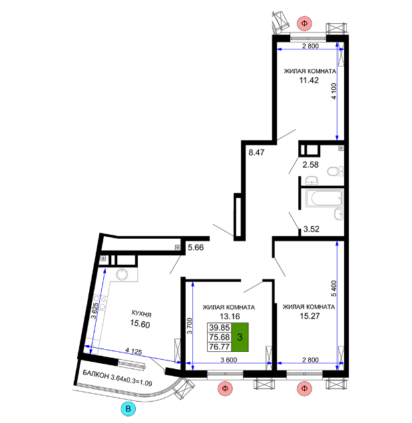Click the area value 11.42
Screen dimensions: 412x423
[x=309, y=80]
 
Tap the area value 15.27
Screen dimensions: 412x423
[x=309, y=316]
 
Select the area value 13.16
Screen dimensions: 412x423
[x=230, y=316]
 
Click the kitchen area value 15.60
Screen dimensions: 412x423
[x=140, y=323]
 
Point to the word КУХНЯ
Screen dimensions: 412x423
[x=142, y=314]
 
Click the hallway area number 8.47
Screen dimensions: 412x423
[x=256, y=152]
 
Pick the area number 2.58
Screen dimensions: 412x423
[x=310, y=164]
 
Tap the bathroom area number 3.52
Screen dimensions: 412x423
[x=311, y=229]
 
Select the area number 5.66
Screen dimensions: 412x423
[x=196, y=247]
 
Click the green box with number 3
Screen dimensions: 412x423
[x=240, y=337]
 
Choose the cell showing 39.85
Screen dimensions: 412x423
[x=219, y=327]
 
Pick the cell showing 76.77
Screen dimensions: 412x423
[x=219, y=347]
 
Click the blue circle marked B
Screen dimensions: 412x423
[x=128, y=409]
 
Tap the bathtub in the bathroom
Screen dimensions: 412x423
[x=324, y=198]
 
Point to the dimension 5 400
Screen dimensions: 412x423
[x=334, y=289]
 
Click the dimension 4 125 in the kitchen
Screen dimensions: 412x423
[x=134, y=351]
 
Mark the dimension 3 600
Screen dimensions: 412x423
[x=229, y=360]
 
